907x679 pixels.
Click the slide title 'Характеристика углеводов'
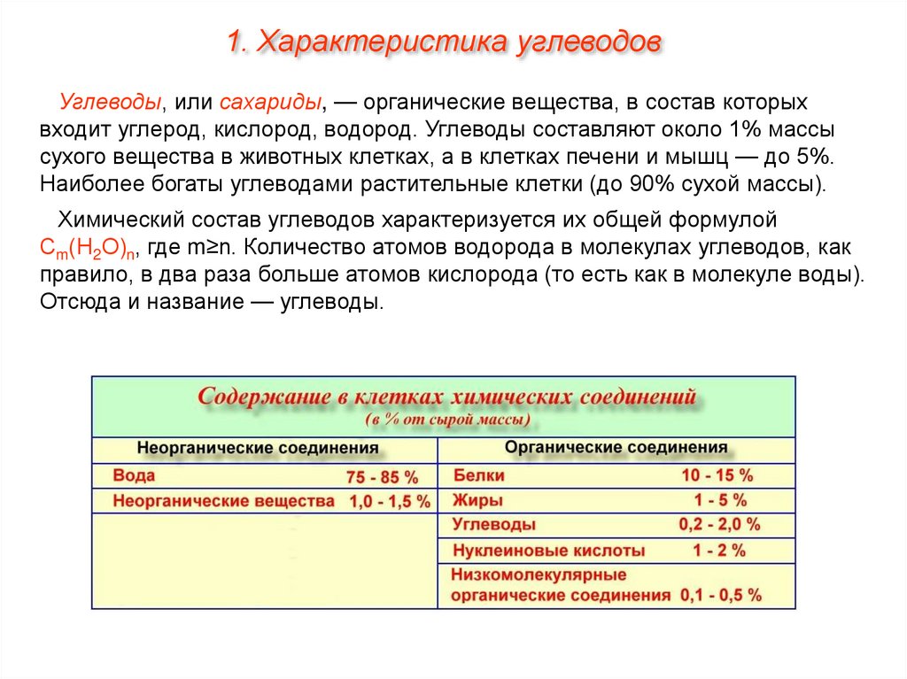click(x=443, y=42)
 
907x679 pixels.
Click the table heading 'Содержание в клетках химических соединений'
click(x=446, y=396)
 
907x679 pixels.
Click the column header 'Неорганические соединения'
click(x=258, y=448)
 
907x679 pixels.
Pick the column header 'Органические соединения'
click(x=616, y=448)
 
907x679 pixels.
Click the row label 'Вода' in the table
click(x=134, y=476)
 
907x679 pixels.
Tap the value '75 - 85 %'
click(x=382, y=477)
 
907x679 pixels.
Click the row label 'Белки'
click(x=478, y=475)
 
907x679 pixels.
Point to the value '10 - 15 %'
click(x=717, y=475)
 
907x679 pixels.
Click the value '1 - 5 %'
click(x=720, y=499)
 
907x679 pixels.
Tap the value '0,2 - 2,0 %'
click(x=719, y=524)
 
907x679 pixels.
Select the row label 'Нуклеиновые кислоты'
click(x=549, y=551)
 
